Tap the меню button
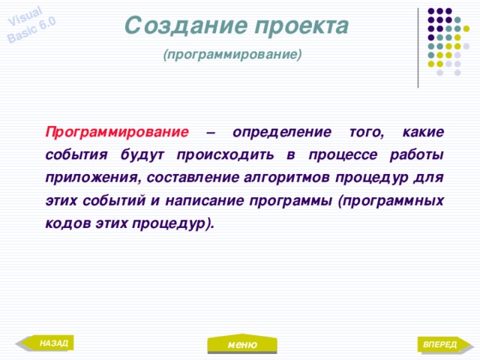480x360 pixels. coord(243,343)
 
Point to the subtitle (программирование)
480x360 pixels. coord(232,55)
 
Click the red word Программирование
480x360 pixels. coord(116,132)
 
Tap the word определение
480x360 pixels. coord(282,132)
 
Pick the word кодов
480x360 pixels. coord(65,223)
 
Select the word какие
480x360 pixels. coord(423,132)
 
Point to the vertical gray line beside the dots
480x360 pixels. coord(418,45)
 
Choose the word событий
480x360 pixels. coord(111,201)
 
